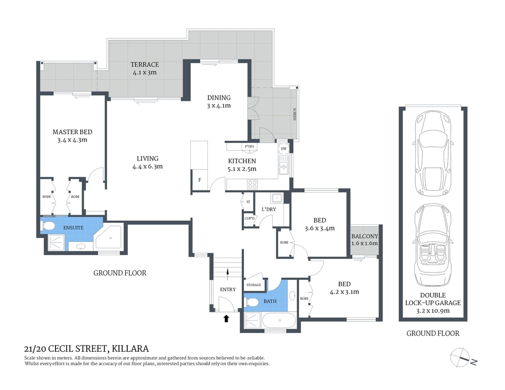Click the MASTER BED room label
click(x=72, y=132)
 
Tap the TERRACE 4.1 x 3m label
click(x=145, y=68)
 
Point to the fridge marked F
click(x=200, y=180)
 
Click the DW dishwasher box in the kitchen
click(x=284, y=149)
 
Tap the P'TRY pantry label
click(x=249, y=147)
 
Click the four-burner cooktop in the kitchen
click(x=252, y=184)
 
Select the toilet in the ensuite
click(x=49, y=225)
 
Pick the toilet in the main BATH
click(x=252, y=302)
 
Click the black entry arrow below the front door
click(x=226, y=319)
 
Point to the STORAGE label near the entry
click(x=253, y=285)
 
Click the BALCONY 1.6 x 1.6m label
click(x=365, y=239)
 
